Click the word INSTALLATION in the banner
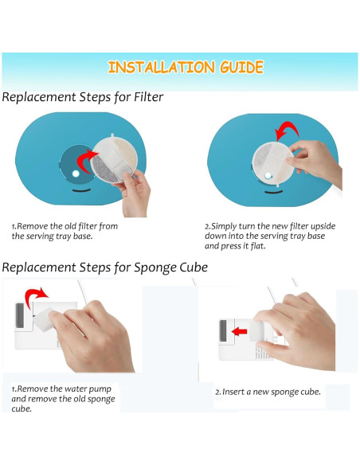click(161, 68)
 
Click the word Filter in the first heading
click(149, 96)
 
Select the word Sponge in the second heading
click(152, 268)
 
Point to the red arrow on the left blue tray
click(87, 161)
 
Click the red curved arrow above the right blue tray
click(287, 131)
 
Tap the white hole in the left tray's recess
click(76, 174)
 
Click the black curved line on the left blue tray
click(81, 190)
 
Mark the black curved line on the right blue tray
click(273, 192)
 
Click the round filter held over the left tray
click(114, 159)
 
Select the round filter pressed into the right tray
click(273, 163)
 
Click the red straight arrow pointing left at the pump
click(240, 331)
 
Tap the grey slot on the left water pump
click(20, 315)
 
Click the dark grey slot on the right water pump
click(223, 330)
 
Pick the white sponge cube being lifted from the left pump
click(44, 318)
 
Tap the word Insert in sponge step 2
click(233, 392)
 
